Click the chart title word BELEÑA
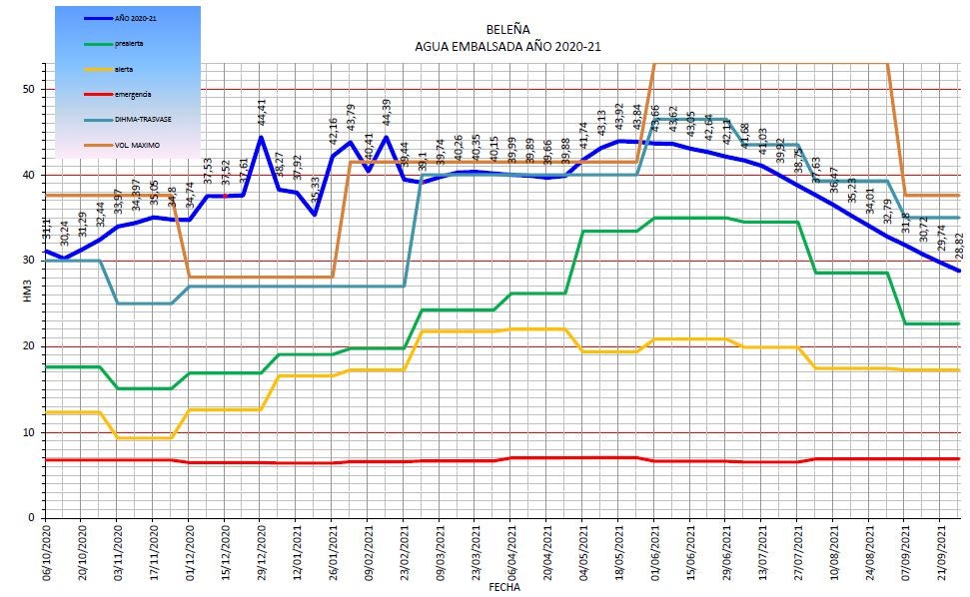tap(507, 31)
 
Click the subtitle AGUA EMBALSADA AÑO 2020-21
tap(507, 46)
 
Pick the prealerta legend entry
tap(129, 44)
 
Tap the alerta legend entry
tap(123, 70)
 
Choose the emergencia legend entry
tap(133, 94)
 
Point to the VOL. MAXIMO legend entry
tap(137, 145)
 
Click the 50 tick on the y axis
tap(29, 90)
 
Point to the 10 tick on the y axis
tap(29, 432)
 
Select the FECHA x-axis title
tap(503, 588)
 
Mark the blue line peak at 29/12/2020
tap(261, 138)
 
